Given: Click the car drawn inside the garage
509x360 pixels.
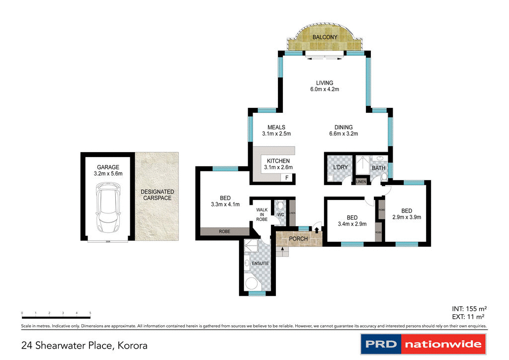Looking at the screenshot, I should coord(107,208).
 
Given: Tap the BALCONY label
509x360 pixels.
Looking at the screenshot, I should coord(325,38).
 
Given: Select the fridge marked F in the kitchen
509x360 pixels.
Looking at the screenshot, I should coord(286,178).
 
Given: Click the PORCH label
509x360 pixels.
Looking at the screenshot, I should coord(299,239).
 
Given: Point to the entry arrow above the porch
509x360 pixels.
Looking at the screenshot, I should coord(317,229).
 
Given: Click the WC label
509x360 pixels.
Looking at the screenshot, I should coord(280,215).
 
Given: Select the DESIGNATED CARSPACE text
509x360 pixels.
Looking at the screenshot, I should coord(157,194).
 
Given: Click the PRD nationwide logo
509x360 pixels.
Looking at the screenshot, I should coord(423,344).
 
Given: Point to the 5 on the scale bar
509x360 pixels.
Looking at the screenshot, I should coord(90,313).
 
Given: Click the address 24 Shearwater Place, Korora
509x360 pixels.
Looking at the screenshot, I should coord(85,345).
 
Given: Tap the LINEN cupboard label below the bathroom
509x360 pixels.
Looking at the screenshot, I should coord(361,182).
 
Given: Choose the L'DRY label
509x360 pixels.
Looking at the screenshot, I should coord(340,167).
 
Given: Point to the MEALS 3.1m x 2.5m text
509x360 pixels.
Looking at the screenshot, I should coord(276,130).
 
